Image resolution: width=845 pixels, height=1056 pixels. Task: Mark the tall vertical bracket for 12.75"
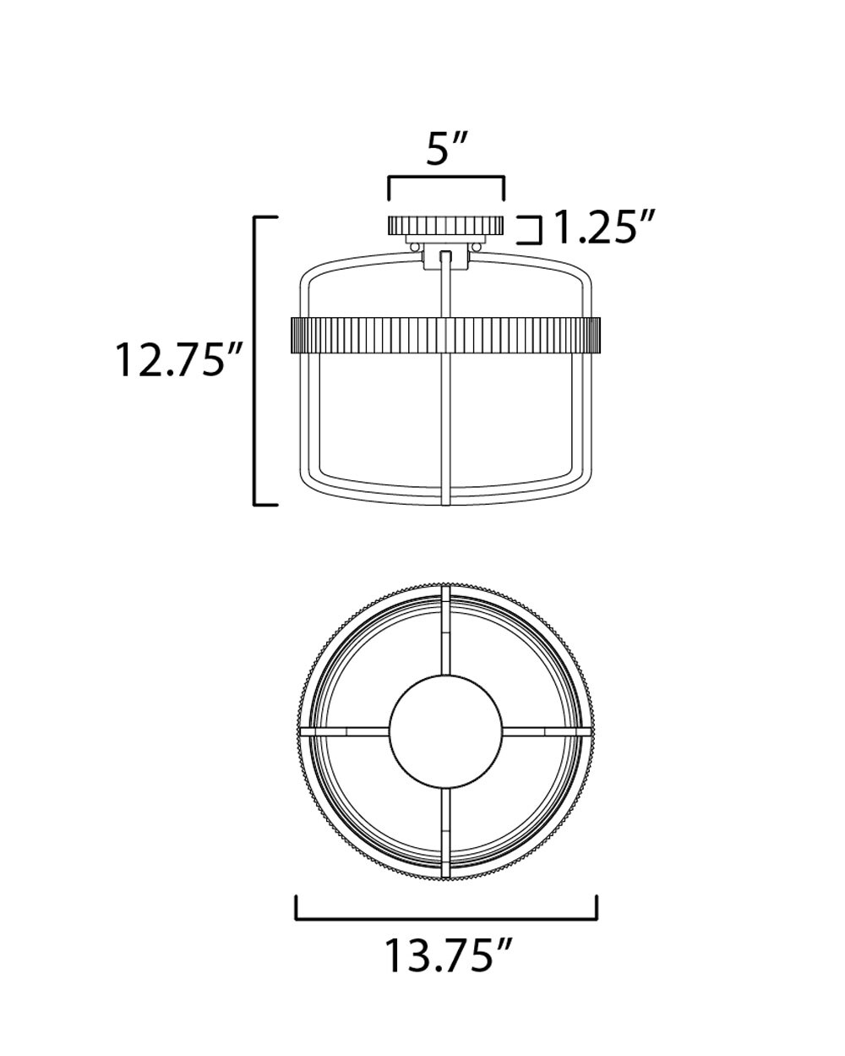tap(256, 361)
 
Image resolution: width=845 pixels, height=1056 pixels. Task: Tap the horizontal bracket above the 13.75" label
tap(446, 916)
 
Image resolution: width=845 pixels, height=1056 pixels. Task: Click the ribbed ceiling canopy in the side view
tap(445, 226)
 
